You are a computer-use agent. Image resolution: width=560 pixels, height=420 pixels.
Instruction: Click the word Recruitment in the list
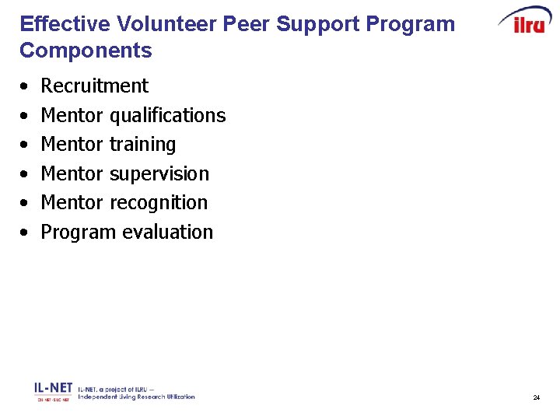click(94, 86)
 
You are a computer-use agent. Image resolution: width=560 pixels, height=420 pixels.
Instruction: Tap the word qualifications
click(167, 116)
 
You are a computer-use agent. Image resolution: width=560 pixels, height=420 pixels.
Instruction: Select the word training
click(142, 145)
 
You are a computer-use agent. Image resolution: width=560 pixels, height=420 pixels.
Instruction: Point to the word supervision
click(159, 174)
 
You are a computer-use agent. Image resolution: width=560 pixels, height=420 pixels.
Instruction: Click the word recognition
click(159, 203)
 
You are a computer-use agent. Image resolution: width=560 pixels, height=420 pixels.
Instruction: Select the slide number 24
click(537, 397)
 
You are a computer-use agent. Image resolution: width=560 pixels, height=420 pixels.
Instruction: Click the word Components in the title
click(86, 51)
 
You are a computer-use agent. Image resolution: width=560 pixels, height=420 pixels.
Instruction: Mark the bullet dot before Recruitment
click(26, 86)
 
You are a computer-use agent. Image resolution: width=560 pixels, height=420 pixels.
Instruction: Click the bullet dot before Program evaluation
click(26, 233)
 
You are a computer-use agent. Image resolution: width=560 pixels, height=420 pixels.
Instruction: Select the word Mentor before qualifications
click(72, 116)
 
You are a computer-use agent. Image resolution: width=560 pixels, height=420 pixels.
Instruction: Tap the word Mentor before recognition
click(72, 203)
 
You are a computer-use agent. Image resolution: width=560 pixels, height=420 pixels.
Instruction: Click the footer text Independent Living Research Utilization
click(136, 397)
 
